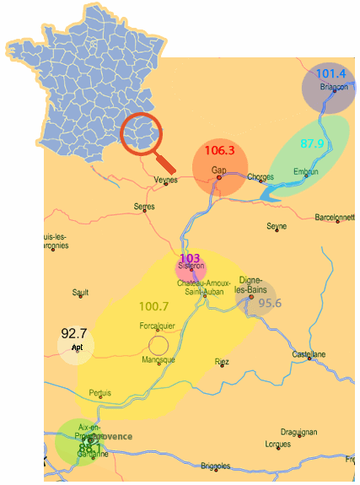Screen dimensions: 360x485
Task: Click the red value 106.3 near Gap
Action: click(219, 151)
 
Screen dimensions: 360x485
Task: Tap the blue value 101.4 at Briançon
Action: click(331, 74)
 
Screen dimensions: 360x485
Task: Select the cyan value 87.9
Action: click(312, 144)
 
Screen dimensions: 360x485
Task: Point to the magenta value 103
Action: click(190, 257)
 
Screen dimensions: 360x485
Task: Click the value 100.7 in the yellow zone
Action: click(154, 305)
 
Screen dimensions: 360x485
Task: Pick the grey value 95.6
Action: click(270, 304)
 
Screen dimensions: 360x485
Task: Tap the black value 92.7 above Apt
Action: click(74, 333)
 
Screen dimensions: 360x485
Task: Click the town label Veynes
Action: click(167, 180)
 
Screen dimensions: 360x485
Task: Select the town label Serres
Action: click(144, 206)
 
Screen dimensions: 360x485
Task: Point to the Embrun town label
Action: click(306, 172)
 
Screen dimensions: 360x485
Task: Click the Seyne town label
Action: click(277, 226)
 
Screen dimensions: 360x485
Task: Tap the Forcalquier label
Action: click(156, 326)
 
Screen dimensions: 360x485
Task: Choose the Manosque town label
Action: click(159, 360)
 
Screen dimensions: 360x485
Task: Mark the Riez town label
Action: click(222, 362)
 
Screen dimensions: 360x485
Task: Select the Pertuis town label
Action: click(99, 392)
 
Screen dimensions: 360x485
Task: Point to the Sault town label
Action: click(81, 293)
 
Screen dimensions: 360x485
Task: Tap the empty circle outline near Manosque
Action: click(158, 344)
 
